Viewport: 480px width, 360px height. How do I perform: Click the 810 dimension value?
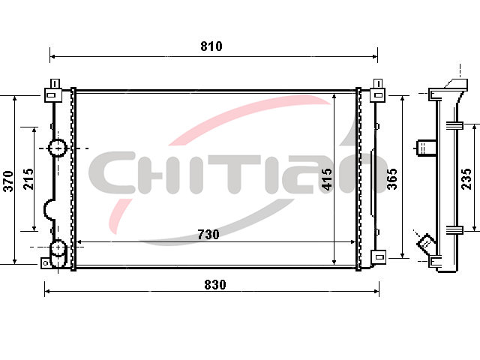tap(211, 46)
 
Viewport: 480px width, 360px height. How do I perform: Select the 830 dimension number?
tap(215, 285)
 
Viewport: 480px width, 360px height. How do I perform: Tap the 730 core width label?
tap(208, 235)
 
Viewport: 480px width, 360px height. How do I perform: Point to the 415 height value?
tap(327, 179)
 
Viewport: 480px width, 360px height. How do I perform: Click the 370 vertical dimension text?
tap(8, 181)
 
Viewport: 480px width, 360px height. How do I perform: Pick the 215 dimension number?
tap(28, 178)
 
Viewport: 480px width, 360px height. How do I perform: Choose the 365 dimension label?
tap(391, 178)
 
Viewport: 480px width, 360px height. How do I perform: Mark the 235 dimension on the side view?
tap(466, 178)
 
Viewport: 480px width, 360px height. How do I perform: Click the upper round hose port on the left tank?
tap(57, 148)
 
